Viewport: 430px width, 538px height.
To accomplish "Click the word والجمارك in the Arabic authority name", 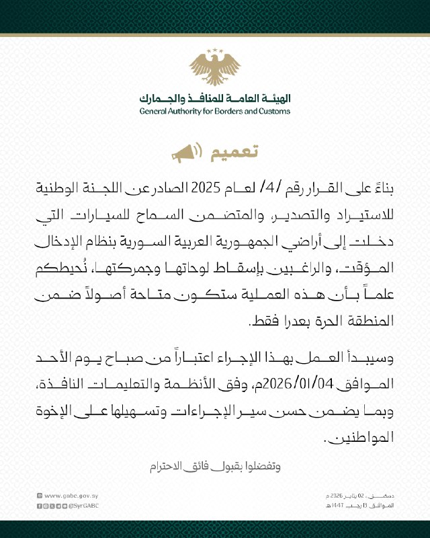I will [x=159, y=96].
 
